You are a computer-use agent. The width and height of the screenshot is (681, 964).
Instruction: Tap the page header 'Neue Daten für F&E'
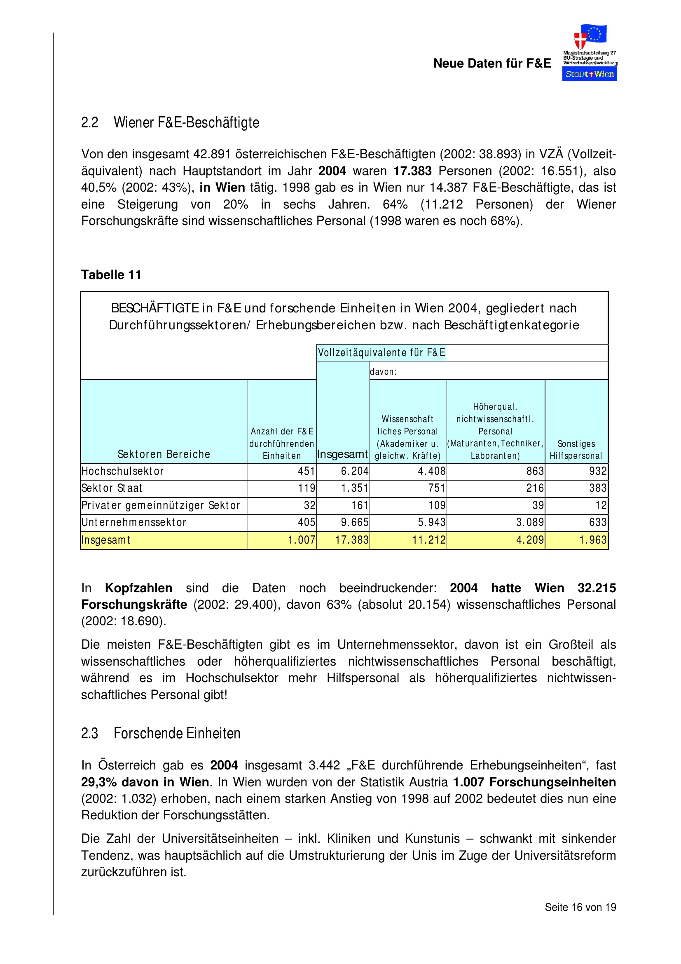(x=492, y=63)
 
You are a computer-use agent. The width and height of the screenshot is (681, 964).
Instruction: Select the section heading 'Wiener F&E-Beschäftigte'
(x=186, y=122)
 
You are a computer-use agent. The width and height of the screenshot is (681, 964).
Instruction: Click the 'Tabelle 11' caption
(x=111, y=274)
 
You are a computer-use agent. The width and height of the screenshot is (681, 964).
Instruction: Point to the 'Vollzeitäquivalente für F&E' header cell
(x=381, y=352)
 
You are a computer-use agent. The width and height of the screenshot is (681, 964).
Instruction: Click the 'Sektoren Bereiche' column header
(x=164, y=454)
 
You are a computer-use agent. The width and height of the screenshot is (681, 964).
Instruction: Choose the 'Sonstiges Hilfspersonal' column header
(x=576, y=449)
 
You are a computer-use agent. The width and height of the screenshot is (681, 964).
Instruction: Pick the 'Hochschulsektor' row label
(x=122, y=471)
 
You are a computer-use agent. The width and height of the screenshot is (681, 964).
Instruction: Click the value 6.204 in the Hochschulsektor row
(x=355, y=471)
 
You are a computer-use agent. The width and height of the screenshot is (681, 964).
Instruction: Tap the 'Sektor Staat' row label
(x=112, y=488)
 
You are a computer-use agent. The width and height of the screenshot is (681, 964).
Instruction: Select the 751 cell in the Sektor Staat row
(x=436, y=488)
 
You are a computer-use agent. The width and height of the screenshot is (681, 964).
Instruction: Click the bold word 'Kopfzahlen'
(x=138, y=588)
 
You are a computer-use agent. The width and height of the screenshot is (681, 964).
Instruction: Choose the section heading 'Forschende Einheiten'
(x=177, y=733)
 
